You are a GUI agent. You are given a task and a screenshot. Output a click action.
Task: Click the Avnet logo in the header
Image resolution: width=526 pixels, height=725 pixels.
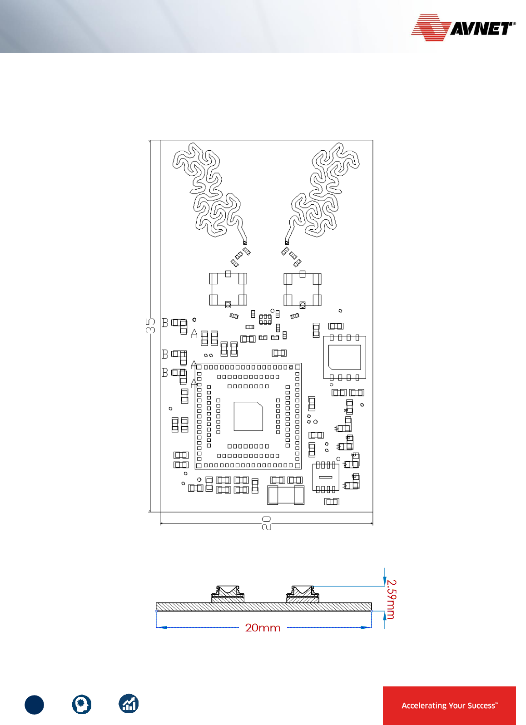pos(463,28)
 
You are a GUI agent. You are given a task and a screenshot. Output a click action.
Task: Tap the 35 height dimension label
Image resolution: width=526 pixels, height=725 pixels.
pos(150,326)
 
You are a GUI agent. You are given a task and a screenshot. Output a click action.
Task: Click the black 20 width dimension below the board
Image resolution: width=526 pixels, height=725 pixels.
pos(267,523)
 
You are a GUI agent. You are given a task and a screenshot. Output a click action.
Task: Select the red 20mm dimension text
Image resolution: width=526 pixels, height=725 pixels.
pos(263,628)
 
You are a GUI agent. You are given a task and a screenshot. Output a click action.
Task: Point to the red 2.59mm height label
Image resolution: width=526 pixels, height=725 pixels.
pos(391,599)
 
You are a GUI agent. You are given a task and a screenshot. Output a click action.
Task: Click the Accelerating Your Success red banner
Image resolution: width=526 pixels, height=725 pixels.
pos(449,705)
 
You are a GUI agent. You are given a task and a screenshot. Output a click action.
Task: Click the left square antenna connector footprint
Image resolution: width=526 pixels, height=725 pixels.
pos(228,289)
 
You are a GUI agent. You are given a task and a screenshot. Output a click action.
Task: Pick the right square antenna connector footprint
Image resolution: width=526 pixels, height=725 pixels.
pos(302,289)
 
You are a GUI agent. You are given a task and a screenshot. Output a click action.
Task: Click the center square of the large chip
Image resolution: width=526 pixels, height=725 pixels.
pos(248,416)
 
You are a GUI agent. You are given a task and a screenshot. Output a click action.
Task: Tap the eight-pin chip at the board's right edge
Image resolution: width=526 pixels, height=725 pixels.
pos(344,357)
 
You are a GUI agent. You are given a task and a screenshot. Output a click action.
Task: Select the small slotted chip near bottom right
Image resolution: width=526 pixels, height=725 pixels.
pos(326,477)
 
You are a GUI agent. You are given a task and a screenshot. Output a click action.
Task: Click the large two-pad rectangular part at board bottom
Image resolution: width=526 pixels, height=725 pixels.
pos(286,495)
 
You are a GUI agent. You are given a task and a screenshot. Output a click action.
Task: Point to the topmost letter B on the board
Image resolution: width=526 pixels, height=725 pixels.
pos(165,323)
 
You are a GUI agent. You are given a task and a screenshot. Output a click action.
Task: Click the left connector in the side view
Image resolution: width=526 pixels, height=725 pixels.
pos(228,594)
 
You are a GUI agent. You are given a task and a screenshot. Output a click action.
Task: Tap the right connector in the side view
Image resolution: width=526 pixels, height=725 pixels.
pos(303,594)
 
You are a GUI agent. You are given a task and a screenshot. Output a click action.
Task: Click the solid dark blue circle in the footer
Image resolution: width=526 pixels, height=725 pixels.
pos(35,705)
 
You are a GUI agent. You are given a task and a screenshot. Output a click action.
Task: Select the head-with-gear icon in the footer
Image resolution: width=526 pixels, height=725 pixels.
pos(82,705)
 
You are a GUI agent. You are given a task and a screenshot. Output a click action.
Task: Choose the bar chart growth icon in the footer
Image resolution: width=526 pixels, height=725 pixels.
pos(129,704)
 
